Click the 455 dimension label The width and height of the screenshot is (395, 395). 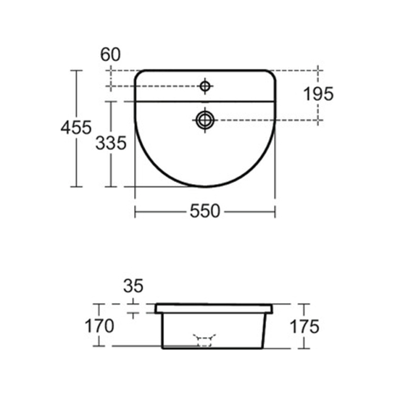click(77, 128)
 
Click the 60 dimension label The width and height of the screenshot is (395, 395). click(111, 55)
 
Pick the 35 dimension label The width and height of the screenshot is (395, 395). click(134, 285)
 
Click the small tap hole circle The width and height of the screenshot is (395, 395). click(205, 87)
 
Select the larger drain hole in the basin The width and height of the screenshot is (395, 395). click(205, 119)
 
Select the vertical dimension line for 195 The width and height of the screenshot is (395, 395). click(318, 112)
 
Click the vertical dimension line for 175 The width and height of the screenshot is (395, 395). click(304, 310)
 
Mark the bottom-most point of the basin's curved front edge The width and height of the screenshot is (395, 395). click(205, 187)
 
